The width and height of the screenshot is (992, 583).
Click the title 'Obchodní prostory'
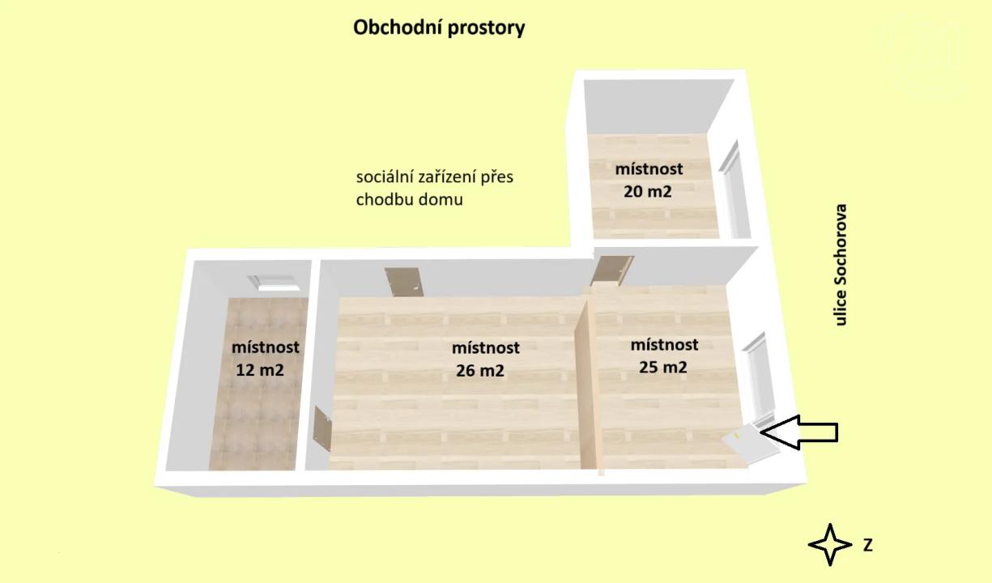click(439, 28)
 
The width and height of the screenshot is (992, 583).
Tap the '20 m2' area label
click(648, 192)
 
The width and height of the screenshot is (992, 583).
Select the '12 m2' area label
click(260, 370)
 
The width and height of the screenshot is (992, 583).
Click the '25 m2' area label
click(663, 367)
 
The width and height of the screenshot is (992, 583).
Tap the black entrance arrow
click(800, 432)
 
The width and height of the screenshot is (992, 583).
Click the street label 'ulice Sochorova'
click(841, 265)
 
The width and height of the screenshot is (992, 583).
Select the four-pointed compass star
click(830, 544)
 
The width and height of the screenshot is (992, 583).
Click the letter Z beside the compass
click(867, 545)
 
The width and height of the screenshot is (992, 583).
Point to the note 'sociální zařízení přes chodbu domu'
click(435, 188)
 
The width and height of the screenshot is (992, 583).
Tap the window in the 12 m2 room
click(275, 282)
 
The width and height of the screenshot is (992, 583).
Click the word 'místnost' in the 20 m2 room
click(649, 169)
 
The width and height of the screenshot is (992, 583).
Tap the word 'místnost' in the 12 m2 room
click(265, 347)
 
